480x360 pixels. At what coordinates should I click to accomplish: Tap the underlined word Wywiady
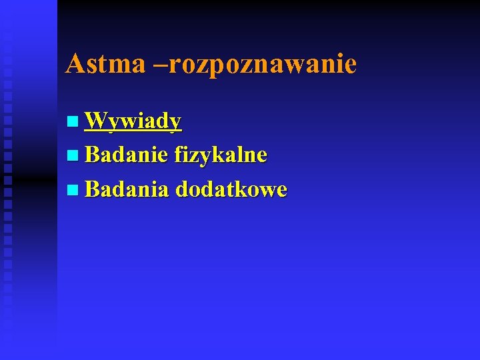133,121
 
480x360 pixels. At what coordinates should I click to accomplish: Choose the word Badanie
127,155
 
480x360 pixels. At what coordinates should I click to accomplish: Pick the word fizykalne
221,156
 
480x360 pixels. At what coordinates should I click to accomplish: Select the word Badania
127,190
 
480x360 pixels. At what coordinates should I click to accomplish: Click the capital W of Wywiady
97,121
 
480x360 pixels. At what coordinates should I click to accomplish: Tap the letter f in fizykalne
179,155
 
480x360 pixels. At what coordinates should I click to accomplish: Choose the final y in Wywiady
175,123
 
